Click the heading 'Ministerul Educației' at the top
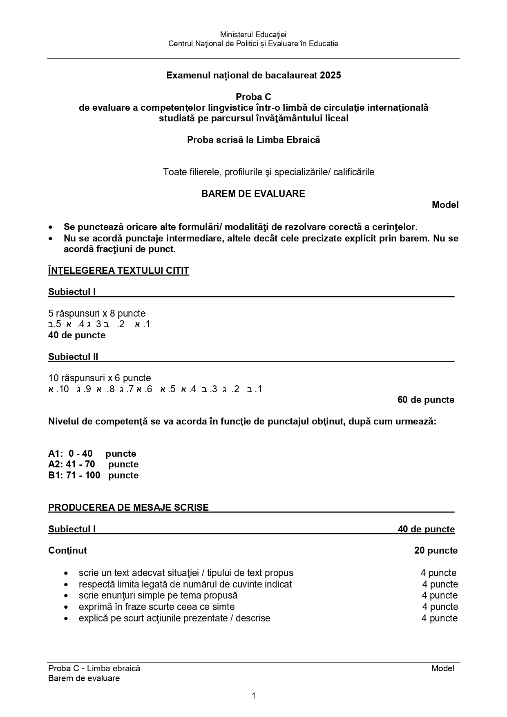[x=253, y=35]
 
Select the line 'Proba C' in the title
[x=253, y=97]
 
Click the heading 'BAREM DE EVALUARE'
[x=253, y=194]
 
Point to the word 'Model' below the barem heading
[x=445, y=205]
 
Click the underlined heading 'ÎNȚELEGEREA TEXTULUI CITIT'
[x=118, y=270]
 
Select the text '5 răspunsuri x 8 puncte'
[x=97, y=313]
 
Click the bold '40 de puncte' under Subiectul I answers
[x=77, y=335]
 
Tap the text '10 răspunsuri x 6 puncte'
[x=100, y=378]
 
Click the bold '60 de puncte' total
[x=426, y=400]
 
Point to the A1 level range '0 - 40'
[x=80, y=453]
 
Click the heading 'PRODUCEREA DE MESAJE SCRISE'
[x=128, y=507]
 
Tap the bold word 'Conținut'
[x=67, y=550]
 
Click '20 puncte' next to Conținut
[x=436, y=550]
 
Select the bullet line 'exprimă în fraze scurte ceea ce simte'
[x=157, y=607]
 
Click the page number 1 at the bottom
[x=254, y=695]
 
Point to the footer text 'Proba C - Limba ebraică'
[x=94, y=668]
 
